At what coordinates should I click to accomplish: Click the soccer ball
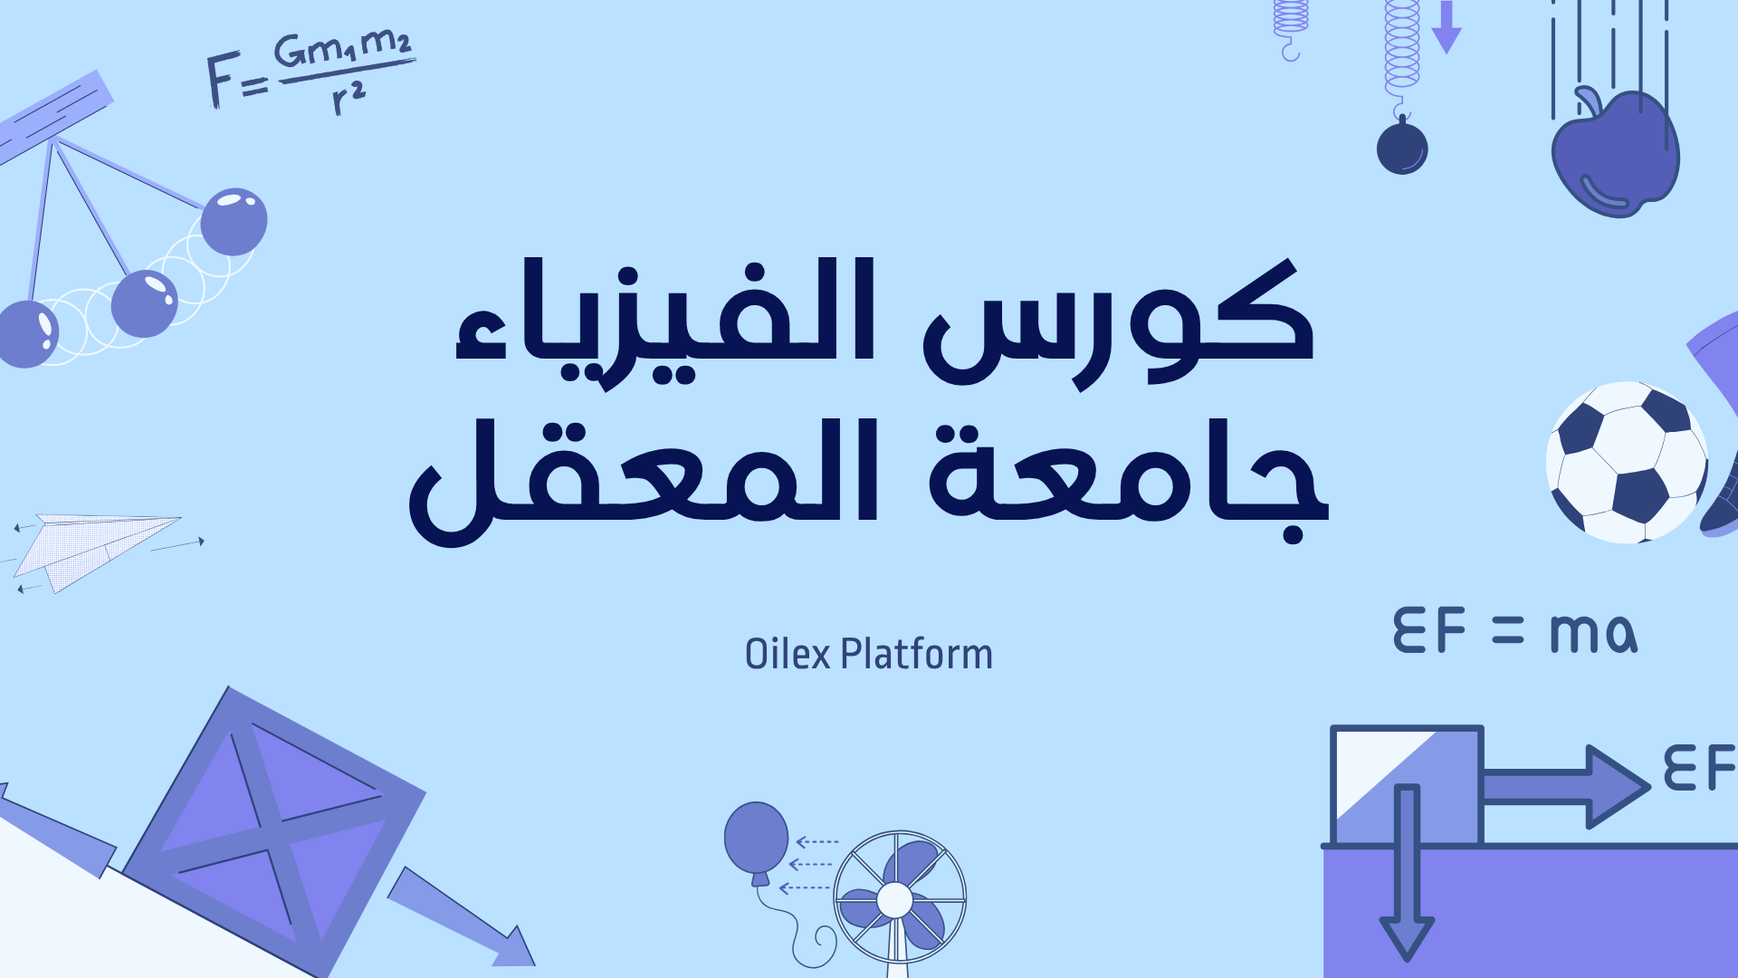[1626, 462]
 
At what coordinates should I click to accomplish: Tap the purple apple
[1617, 158]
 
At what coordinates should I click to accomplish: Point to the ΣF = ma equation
[1514, 631]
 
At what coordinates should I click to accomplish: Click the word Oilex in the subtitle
[787, 654]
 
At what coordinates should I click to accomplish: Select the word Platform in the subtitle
[916, 654]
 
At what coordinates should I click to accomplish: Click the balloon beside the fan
[756, 838]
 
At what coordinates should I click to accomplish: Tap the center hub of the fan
[895, 900]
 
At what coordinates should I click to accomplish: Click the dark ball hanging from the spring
[1402, 148]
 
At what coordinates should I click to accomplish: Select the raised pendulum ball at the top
[234, 221]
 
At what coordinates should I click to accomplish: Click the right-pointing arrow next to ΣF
[1566, 786]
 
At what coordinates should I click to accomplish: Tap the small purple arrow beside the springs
[1447, 27]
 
